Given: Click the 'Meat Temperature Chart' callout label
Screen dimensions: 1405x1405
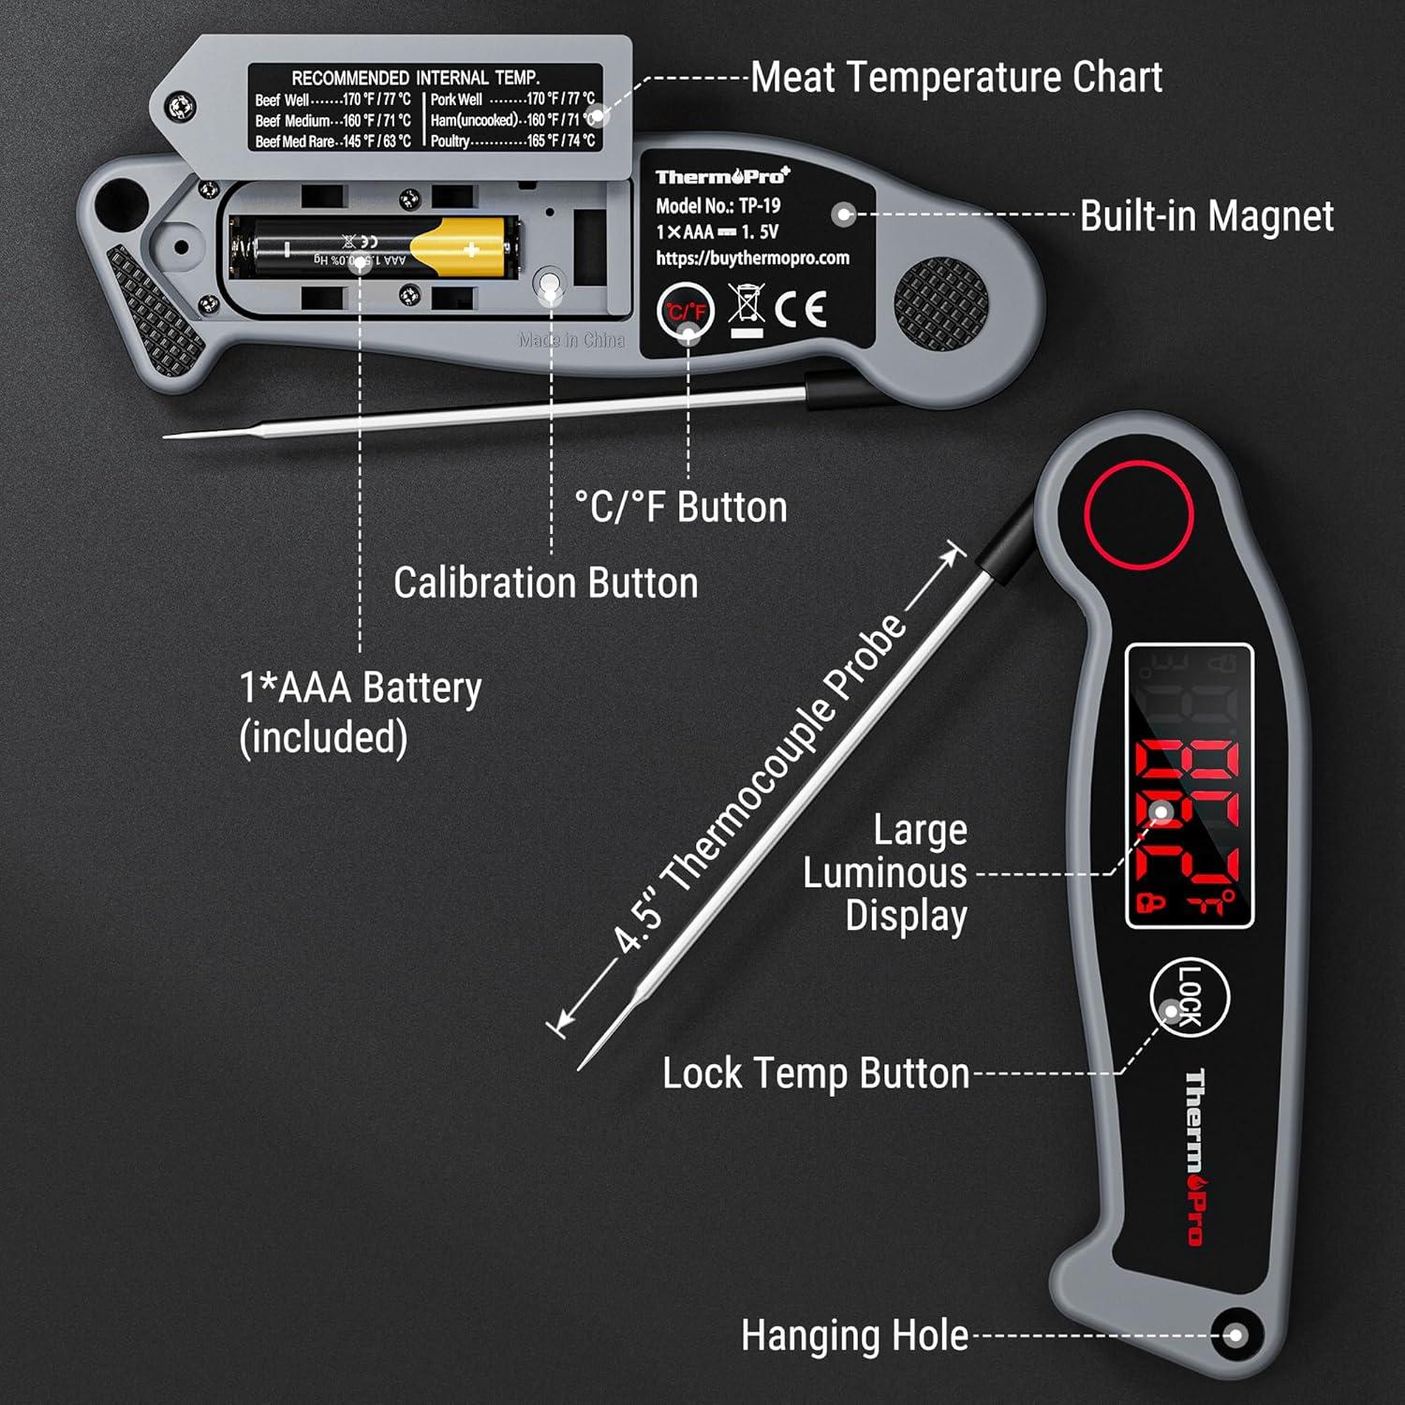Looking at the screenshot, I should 955,77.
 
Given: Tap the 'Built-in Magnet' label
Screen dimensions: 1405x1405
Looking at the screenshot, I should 1206,215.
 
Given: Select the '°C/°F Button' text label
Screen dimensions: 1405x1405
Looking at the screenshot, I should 681,507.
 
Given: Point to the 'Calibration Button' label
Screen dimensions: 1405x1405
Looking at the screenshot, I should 546,583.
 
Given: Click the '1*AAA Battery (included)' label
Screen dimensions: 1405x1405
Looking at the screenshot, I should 361,712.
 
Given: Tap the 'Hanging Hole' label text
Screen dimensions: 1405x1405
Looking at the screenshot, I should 854,1335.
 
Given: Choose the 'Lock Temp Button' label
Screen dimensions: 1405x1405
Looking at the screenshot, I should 816,1073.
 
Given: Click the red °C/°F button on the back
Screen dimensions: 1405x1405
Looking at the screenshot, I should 686,311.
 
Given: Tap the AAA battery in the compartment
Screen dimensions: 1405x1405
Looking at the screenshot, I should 375,249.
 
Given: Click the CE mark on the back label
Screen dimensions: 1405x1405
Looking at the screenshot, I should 801,309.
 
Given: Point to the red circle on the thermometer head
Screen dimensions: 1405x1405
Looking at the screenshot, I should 1138,514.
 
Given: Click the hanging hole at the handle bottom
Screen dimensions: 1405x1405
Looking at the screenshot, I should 1235,1336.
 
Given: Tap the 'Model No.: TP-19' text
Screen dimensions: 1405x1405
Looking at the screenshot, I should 717,206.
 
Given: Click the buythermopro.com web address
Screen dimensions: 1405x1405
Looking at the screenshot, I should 752,258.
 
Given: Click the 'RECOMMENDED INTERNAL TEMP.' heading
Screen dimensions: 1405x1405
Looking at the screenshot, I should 415,78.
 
